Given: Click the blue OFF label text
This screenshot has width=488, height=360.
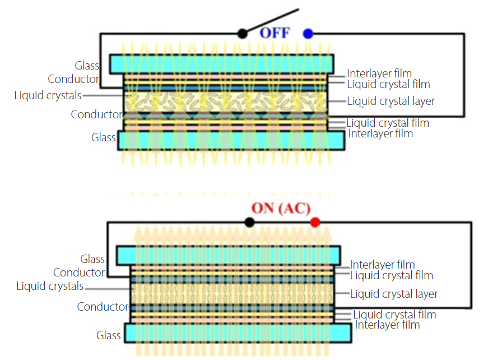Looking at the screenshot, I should click(x=275, y=33).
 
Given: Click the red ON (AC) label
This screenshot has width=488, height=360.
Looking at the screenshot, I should click(x=280, y=208).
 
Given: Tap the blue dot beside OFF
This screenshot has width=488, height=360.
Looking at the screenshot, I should click(x=308, y=34).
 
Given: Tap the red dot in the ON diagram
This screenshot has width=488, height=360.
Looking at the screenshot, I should click(x=315, y=222).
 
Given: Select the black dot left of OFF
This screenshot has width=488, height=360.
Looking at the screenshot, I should click(x=242, y=34).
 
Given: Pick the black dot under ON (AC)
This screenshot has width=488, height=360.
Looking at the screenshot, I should click(x=249, y=222).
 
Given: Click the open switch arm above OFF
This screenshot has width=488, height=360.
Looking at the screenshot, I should click(x=272, y=20).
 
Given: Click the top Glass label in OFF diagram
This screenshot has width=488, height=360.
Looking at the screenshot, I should click(x=87, y=66).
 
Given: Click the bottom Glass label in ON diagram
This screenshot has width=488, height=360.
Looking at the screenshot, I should click(x=108, y=335).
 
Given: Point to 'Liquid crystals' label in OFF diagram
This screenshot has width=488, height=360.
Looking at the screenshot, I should click(x=48, y=96).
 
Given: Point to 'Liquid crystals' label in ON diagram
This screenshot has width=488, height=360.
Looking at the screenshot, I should click(x=50, y=287).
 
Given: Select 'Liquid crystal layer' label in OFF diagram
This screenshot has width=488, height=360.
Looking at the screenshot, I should click(x=391, y=101).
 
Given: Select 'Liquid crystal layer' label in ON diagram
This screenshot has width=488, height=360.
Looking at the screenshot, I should click(x=394, y=294).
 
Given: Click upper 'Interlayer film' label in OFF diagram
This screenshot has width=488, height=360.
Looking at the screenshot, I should click(x=379, y=73).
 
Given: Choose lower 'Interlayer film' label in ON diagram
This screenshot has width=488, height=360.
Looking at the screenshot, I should click(x=387, y=325).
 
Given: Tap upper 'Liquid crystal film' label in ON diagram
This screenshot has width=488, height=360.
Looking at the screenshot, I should click(x=392, y=275).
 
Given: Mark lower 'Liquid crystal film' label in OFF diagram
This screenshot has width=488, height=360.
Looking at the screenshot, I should click(x=388, y=123).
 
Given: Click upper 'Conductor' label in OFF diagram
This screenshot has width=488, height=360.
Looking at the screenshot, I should click(x=73, y=79).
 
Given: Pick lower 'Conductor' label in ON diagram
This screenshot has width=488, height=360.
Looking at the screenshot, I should click(x=103, y=307).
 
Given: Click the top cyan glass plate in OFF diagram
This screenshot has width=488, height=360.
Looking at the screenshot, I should click(x=221, y=63).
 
